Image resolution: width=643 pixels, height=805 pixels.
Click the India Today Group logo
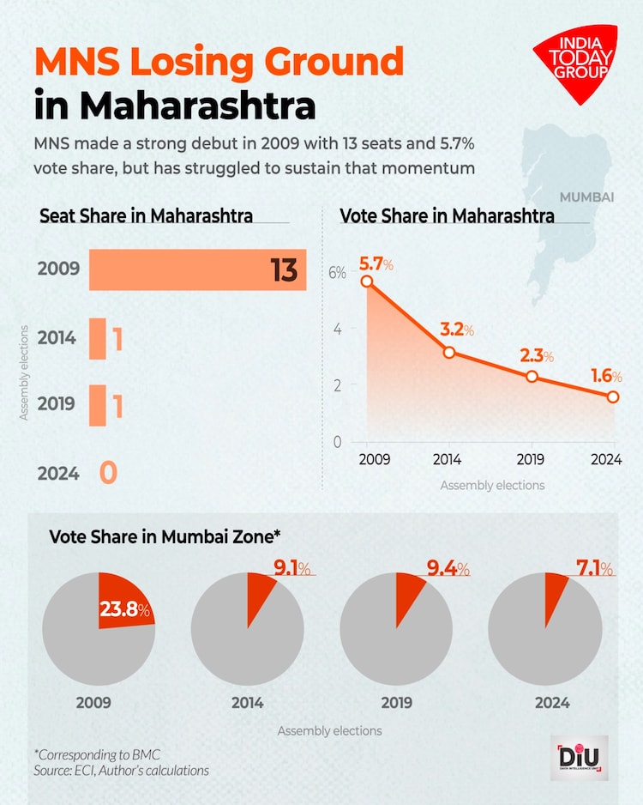(x=575, y=63)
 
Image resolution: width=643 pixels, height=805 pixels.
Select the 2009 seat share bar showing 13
(x=197, y=269)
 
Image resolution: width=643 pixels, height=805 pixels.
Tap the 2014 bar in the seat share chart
(x=98, y=338)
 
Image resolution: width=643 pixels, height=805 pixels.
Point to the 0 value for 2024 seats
(x=107, y=473)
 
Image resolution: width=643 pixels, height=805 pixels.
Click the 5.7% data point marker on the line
(x=367, y=281)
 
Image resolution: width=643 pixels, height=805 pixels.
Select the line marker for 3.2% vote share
(x=449, y=352)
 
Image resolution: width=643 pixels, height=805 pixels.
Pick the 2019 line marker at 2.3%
(x=532, y=377)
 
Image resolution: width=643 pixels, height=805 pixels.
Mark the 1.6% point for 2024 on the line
(x=613, y=396)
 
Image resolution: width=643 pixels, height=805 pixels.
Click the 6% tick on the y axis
(x=336, y=273)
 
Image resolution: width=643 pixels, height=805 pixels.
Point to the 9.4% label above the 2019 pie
(x=448, y=569)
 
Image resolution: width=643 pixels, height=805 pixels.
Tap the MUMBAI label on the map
(x=587, y=197)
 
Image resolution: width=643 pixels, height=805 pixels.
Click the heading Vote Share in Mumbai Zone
(x=165, y=536)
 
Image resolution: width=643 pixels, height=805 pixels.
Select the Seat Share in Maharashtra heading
(x=147, y=215)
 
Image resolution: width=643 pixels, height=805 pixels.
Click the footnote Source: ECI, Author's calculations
(x=122, y=771)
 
